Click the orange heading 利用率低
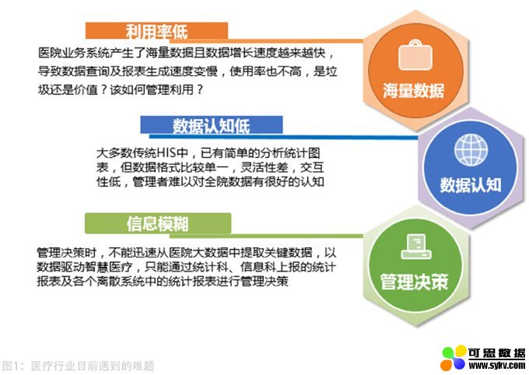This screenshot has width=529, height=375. (x=156, y=32)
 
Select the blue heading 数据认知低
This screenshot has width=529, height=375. (x=211, y=126)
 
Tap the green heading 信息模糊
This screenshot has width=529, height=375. (x=158, y=224)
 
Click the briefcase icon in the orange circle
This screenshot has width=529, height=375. (x=415, y=55)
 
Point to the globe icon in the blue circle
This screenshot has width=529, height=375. (x=471, y=150)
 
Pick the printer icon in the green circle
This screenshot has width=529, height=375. (x=416, y=247)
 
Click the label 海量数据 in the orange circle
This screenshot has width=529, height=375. (x=414, y=91)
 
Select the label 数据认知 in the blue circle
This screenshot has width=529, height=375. (x=471, y=185)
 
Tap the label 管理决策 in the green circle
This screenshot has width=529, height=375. (x=415, y=282)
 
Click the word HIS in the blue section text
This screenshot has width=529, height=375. (x=168, y=153)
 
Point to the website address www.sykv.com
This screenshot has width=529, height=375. (x=497, y=365)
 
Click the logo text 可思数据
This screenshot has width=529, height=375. (x=496, y=352)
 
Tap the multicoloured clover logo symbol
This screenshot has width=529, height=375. (x=454, y=358)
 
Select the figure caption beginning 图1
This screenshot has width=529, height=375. (x=79, y=366)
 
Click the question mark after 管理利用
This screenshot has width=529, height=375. (x=200, y=89)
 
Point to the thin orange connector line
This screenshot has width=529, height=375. (x=266, y=40)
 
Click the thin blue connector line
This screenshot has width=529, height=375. (x=283, y=136)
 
